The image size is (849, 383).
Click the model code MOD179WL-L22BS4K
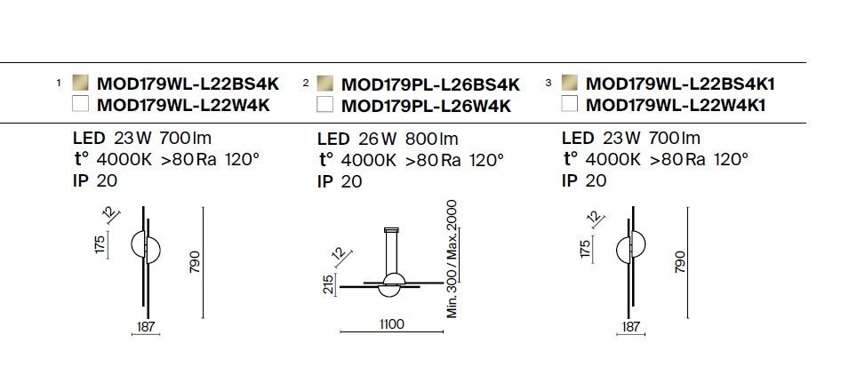pyautogui.click(x=188, y=84)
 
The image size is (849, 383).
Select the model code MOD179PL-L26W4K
pyautogui.click(x=426, y=106)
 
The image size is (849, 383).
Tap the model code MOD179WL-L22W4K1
pyautogui.click(x=676, y=106)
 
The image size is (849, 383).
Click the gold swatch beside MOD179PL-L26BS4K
pyautogui.click(x=324, y=84)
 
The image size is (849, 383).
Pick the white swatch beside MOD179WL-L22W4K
pyautogui.click(x=80, y=103)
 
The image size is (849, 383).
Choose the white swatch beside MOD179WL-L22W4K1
pyautogui.click(x=570, y=103)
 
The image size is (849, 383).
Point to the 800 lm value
pyautogui.click(x=431, y=139)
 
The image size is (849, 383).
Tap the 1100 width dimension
pyautogui.click(x=391, y=324)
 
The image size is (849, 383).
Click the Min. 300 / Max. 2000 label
pyautogui.click(x=453, y=259)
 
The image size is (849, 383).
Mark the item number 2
pyautogui.click(x=306, y=83)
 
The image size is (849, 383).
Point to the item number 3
pyautogui.click(x=549, y=83)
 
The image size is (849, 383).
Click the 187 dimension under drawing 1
pyautogui.click(x=146, y=326)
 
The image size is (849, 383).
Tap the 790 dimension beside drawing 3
pyautogui.click(x=680, y=262)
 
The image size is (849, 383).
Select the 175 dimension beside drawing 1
pyautogui.click(x=100, y=244)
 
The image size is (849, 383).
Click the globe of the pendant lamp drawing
pyautogui.click(x=394, y=284)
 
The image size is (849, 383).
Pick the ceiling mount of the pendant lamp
pyautogui.click(x=391, y=230)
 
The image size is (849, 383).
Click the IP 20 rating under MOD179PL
pyautogui.click(x=339, y=182)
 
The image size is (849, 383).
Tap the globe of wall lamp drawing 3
pyautogui.click(x=631, y=249)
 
